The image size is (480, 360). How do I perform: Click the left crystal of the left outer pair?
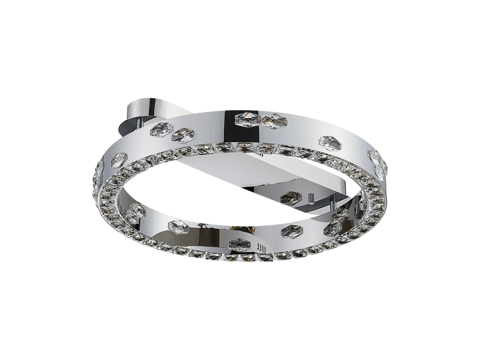click(161, 130)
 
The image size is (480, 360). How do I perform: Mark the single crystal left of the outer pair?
click(118, 160)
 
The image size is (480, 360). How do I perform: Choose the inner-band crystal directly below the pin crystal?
click(291, 231)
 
